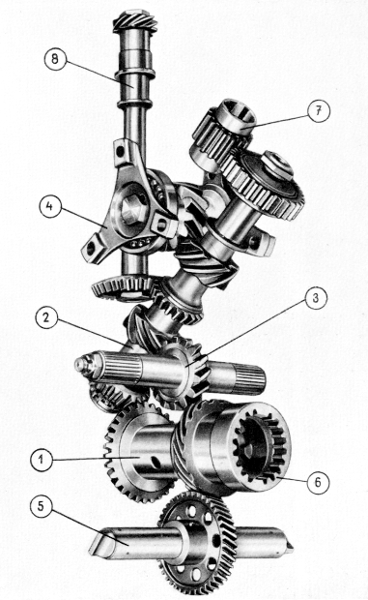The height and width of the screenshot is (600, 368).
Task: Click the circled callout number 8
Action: point(55,60)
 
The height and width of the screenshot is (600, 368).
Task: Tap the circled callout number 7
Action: point(319,111)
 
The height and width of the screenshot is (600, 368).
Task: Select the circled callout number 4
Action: point(49,207)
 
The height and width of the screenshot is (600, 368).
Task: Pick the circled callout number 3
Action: point(315,298)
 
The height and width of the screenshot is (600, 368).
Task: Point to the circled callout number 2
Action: point(45,318)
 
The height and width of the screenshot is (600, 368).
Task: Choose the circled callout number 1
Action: point(42,459)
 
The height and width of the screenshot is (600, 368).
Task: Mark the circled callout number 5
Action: point(42,507)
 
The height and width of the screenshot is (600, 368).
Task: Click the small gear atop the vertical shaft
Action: point(135,21)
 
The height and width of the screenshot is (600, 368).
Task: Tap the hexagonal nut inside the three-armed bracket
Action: point(134,208)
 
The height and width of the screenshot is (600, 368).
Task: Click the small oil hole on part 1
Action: point(156,462)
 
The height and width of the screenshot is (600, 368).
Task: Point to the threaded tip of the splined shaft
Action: point(81,365)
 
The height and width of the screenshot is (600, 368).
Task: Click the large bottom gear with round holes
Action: point(198,542)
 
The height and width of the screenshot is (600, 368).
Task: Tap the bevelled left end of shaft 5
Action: point(97,543)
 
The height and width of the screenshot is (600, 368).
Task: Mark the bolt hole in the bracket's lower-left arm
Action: point(91,249)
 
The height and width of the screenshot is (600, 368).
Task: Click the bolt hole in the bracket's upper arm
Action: point(120,152)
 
